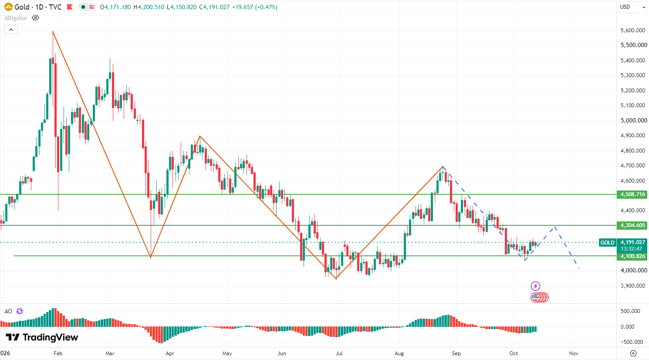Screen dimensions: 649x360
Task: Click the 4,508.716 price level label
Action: click(x=632, y=194)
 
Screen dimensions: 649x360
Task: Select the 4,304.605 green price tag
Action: click(x=632, y=225)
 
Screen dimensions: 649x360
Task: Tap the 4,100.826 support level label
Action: click(x=632, y=256)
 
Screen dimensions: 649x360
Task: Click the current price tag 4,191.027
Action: click(x=632, y=242)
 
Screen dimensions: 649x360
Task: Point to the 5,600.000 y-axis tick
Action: click(x=633, y=30)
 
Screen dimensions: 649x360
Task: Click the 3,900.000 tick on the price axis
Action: click(x=633, y=286)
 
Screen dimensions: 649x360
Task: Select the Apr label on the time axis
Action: click(x=170, y=353)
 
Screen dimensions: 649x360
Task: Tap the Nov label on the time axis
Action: click(x=574, y=353)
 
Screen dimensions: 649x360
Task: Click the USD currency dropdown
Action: click(x=633, y=7)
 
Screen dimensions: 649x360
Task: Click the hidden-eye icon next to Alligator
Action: click(x=35, y=18)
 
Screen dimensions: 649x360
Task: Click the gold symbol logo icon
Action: click(x=8, y=7)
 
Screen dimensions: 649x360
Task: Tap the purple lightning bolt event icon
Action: click(x=535, y=286)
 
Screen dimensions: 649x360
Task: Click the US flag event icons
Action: click(x=540, y=297)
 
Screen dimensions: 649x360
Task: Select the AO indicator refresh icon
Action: click(x=20, y=311)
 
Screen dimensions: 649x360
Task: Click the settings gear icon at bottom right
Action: click(x=633, y=353)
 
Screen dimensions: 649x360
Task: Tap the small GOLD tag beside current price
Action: click(x=607, y=243)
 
